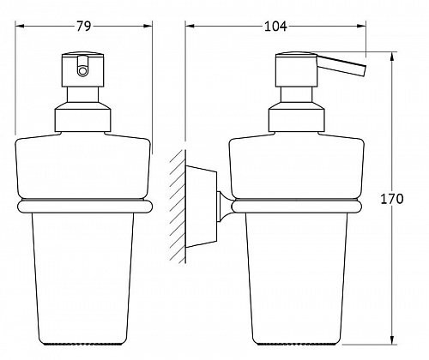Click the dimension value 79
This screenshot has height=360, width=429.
[83, 27]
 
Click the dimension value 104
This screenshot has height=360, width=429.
[275, 27]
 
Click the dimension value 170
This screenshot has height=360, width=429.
[392, 199]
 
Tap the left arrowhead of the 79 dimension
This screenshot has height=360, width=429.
[19, 27]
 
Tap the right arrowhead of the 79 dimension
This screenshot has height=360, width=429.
[148, 27]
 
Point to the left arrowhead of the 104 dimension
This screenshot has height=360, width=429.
[190, 27]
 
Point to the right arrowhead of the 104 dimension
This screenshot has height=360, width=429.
[361, 27]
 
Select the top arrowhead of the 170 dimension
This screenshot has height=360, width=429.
[392, 57]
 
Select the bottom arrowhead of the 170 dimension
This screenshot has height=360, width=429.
[392, 339]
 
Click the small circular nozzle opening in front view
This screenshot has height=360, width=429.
[82, 70]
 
